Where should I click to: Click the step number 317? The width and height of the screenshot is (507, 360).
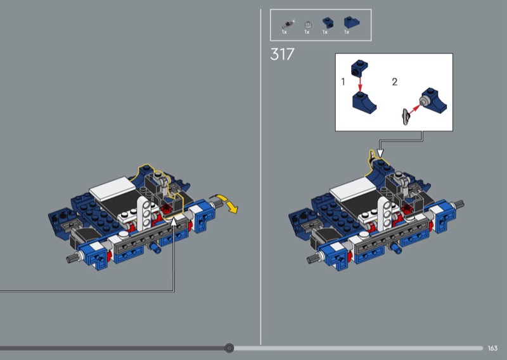coord(282,54)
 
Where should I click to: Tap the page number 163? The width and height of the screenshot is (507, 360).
coord(492,348)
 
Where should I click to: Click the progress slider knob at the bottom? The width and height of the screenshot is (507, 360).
coord(229,348)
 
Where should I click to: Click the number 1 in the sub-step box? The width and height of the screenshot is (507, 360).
coord(343,82)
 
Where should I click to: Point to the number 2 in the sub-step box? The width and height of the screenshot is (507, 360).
coord(394,82)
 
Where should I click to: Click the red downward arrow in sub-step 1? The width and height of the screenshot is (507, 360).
coord(360,84)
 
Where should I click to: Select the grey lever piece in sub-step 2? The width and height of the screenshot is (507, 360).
coord(405,117)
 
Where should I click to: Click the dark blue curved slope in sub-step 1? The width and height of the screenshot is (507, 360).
coord(364,102)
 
